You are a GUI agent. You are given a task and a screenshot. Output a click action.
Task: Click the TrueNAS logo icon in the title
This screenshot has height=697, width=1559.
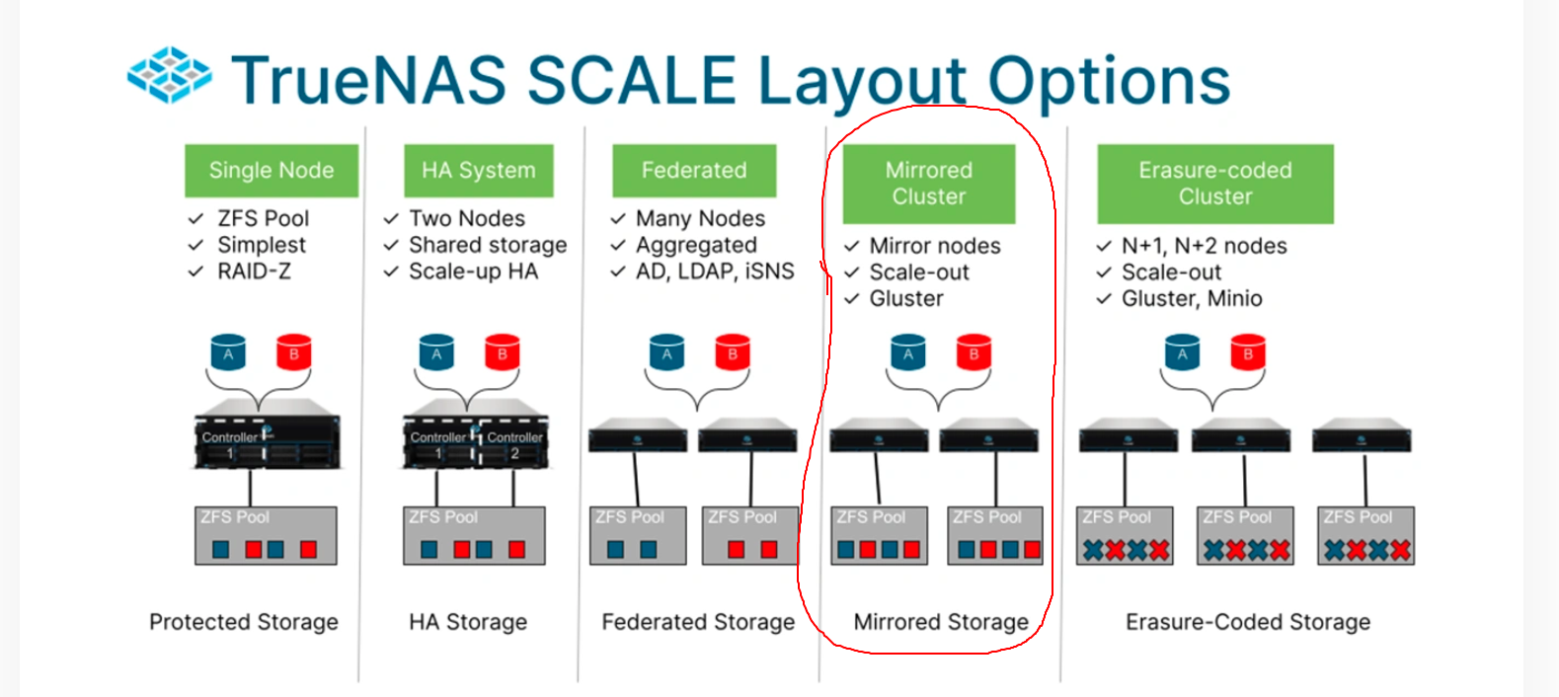tap(169, 75)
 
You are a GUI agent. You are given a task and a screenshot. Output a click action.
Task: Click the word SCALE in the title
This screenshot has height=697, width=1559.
tap(631, 80)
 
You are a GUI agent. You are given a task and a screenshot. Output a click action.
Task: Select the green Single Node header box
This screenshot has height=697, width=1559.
tap(272, 171)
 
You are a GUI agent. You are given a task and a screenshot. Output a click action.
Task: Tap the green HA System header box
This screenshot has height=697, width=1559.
tap(479, 171)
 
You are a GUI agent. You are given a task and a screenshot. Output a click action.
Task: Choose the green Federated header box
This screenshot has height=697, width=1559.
tap(694, 171)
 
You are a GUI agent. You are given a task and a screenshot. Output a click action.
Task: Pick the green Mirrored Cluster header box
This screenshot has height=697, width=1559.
tap(928, 184)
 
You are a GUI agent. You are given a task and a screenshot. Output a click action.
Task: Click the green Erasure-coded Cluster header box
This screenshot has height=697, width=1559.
tap(1215, 184)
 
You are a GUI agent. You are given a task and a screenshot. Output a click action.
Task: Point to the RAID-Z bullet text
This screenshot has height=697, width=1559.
tap(254, 271)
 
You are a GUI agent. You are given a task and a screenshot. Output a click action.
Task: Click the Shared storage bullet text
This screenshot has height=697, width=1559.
tap(488, 245)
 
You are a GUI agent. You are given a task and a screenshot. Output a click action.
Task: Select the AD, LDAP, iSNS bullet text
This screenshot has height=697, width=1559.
tap(715, 271)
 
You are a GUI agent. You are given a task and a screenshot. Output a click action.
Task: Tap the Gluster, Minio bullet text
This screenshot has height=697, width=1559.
tap(1192, 298)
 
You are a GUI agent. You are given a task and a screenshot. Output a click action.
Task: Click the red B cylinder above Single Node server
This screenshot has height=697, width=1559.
tap(293, 352)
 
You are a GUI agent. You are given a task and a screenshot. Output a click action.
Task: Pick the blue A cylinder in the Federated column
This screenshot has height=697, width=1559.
tap(666, 352)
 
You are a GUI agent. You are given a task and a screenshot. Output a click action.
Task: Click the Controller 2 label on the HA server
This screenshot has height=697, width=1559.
tap(514, 444)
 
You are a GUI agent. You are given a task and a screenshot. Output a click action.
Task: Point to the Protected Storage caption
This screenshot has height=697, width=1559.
tap(244, 622)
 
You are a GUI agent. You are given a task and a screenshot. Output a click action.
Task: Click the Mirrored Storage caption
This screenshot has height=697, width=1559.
tap(941, 622)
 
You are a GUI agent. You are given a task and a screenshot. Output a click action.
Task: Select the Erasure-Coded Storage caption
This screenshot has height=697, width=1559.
tap(1248, 622)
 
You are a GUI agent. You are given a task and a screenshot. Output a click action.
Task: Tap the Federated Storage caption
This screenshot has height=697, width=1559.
tap(698, 622)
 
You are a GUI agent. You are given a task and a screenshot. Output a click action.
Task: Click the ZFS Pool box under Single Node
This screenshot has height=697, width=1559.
tap(266, 536)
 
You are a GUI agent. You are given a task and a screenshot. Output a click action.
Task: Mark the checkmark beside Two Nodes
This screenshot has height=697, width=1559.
tap(391, 218)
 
